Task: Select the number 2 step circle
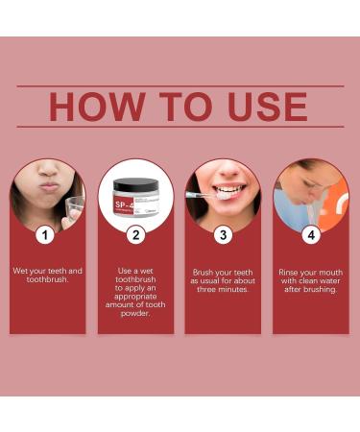[135, 234]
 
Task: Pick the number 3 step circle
[223, 234]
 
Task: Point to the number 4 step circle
[310, 234]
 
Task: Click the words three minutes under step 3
[223, 289]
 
